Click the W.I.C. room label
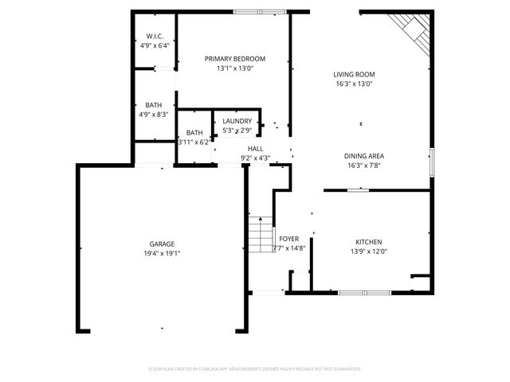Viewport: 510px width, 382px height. (x=155, y=37)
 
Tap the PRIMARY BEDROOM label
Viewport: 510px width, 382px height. (x=235, y=59)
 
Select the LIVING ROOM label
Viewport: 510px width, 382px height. (x=354, y=74)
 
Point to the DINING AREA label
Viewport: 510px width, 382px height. (x=364, y=156)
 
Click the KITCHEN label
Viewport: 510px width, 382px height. (x=369, y=242)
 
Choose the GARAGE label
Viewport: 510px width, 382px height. (x=162, y=244)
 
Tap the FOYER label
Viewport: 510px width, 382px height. (x=288, y=239)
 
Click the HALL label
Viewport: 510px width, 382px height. (x=255, y=149)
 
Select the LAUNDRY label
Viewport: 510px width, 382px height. (x=237, y=121)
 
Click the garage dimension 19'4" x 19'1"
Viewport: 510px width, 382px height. (x=162, y=253)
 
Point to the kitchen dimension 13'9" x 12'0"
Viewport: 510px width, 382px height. (x=369, y=251)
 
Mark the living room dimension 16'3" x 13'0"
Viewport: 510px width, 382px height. (x=354, y=83)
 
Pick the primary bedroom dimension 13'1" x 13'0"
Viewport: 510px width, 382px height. (x=235, y=68)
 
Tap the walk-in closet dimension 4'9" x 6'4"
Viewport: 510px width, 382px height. (x=155, y=45)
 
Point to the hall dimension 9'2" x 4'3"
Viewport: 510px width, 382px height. (x=255, y=158)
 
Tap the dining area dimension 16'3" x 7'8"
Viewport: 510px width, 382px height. (x=364, y=166)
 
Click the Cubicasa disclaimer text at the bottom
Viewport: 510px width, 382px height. (x=255, y=369)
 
